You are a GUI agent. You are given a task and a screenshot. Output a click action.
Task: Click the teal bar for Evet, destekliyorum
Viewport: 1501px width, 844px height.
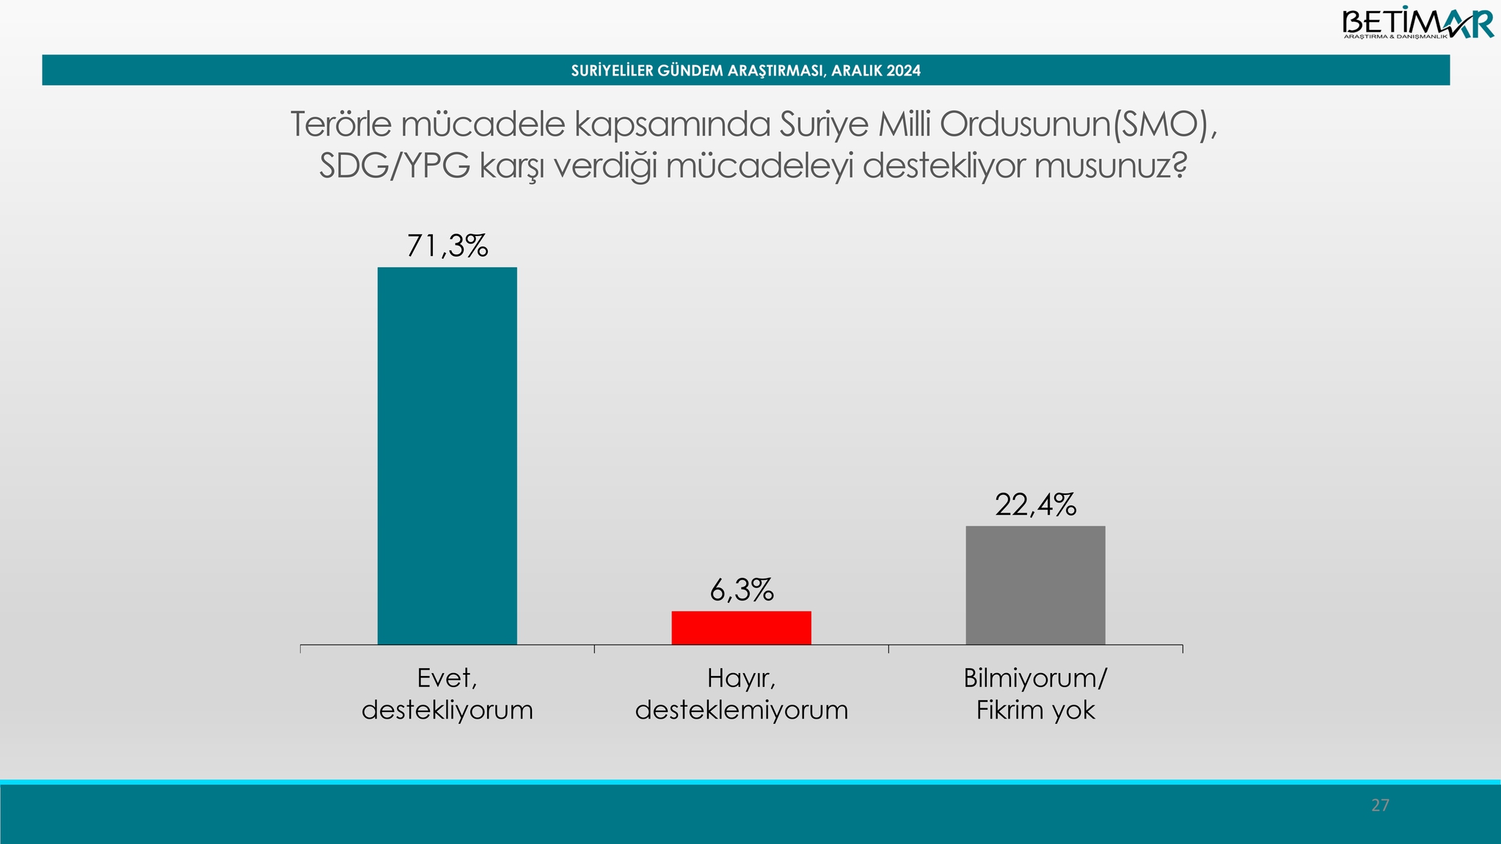point(447,455)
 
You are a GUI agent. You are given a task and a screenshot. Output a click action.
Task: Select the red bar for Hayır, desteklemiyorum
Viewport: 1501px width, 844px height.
point(741,628)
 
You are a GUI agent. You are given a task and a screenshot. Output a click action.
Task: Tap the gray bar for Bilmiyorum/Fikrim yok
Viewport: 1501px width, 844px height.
point(1035,585)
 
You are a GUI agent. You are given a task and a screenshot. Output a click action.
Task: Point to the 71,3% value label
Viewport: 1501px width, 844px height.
point(447,246)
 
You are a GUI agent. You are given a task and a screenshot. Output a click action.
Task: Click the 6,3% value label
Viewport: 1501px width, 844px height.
point(741,590)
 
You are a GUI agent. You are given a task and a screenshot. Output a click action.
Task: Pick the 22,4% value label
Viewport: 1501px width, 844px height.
point(1035,505)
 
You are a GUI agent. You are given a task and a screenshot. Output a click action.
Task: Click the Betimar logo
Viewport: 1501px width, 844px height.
point(1417,23)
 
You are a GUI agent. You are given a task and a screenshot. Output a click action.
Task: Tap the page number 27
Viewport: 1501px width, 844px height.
point(1380,805)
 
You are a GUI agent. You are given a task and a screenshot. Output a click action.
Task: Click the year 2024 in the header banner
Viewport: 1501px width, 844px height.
point(905,71)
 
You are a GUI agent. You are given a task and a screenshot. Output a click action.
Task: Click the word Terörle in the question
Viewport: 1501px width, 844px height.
point(343,125)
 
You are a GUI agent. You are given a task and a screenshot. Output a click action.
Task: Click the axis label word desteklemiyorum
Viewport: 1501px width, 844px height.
point(742,711)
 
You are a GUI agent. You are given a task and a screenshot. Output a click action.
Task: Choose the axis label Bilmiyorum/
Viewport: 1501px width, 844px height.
point(1035,679)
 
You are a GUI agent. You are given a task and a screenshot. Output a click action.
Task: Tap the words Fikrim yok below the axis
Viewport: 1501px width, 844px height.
point(1035,711)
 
